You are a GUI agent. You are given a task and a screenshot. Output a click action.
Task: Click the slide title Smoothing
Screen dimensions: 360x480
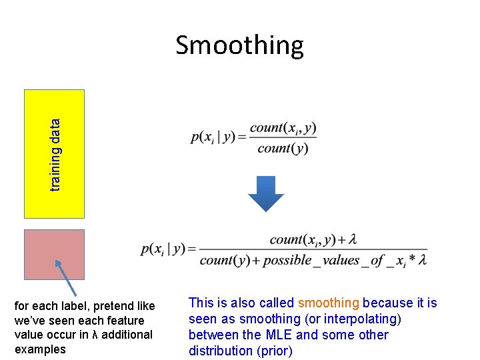click(x=239, y=45)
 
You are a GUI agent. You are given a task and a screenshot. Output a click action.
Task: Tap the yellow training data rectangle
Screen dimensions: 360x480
click(x=55, y=153)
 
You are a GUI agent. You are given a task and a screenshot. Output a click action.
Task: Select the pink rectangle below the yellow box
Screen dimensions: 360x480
click(x=55, y=254)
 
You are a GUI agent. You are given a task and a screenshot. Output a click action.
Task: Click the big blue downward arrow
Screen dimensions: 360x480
click(x=266, y=193)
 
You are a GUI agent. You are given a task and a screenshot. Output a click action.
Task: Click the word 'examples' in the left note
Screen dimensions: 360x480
click(x=40, y=349)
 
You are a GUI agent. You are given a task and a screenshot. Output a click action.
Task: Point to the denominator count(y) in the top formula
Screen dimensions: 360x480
click(x=283, y=149)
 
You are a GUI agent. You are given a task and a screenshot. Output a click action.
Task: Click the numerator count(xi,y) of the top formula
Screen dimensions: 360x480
click(x=283, y=128)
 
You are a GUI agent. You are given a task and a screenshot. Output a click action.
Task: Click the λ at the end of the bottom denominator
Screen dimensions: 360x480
click(x=423, y=260)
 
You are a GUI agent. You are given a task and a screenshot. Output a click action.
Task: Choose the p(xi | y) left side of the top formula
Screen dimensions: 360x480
click(x=217, y=137)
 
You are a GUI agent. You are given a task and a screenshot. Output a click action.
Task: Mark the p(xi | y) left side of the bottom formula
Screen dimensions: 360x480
click(x=163, y=249)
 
